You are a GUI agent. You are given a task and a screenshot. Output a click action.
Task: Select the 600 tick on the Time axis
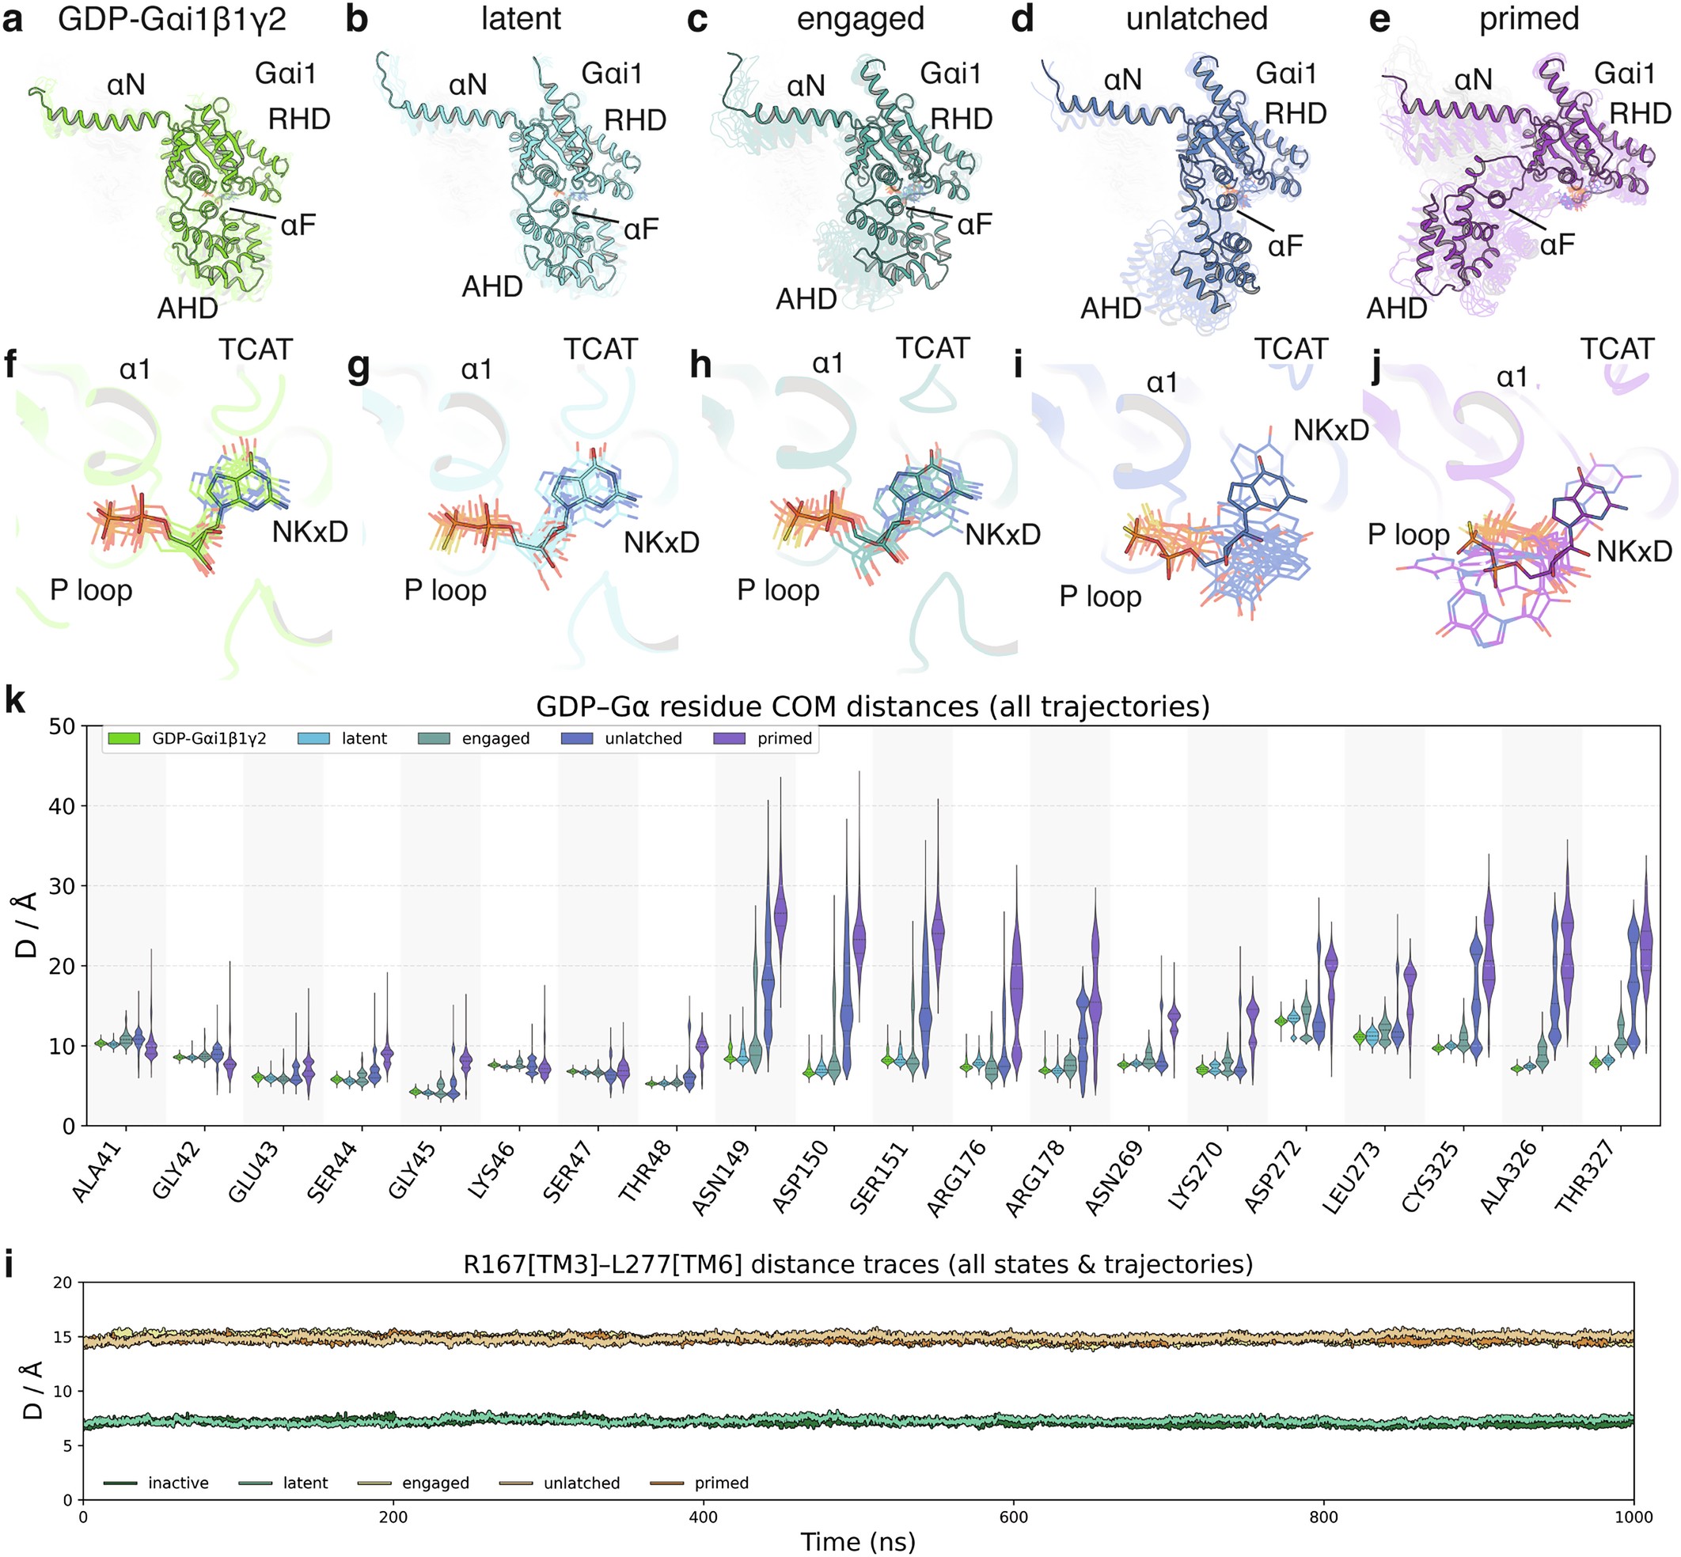tap(1014, 1517)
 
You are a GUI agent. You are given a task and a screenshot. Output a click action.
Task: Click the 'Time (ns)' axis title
tap(857, 1542)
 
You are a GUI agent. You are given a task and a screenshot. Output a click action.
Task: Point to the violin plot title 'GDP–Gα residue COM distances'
tap(872, 706)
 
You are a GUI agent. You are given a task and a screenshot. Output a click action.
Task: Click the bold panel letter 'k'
tap(14, 700)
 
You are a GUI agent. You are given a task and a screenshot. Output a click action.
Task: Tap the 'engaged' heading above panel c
tap(859, 18)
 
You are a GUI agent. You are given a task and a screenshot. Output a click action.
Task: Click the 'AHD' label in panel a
tap(187, 309)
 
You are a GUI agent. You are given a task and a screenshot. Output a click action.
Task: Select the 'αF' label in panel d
tap(1284, 246)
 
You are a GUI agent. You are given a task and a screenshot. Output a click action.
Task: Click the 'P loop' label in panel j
tap(1408, 534)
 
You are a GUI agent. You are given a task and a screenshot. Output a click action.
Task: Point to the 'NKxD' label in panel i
tap(1330, 430)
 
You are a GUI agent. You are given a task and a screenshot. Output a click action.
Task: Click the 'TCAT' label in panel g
tap(600, 349)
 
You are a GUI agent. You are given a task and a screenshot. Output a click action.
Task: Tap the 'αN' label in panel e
tap(1473, 80)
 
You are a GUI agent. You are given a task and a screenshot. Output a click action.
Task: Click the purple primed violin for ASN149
tap(780, 914)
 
